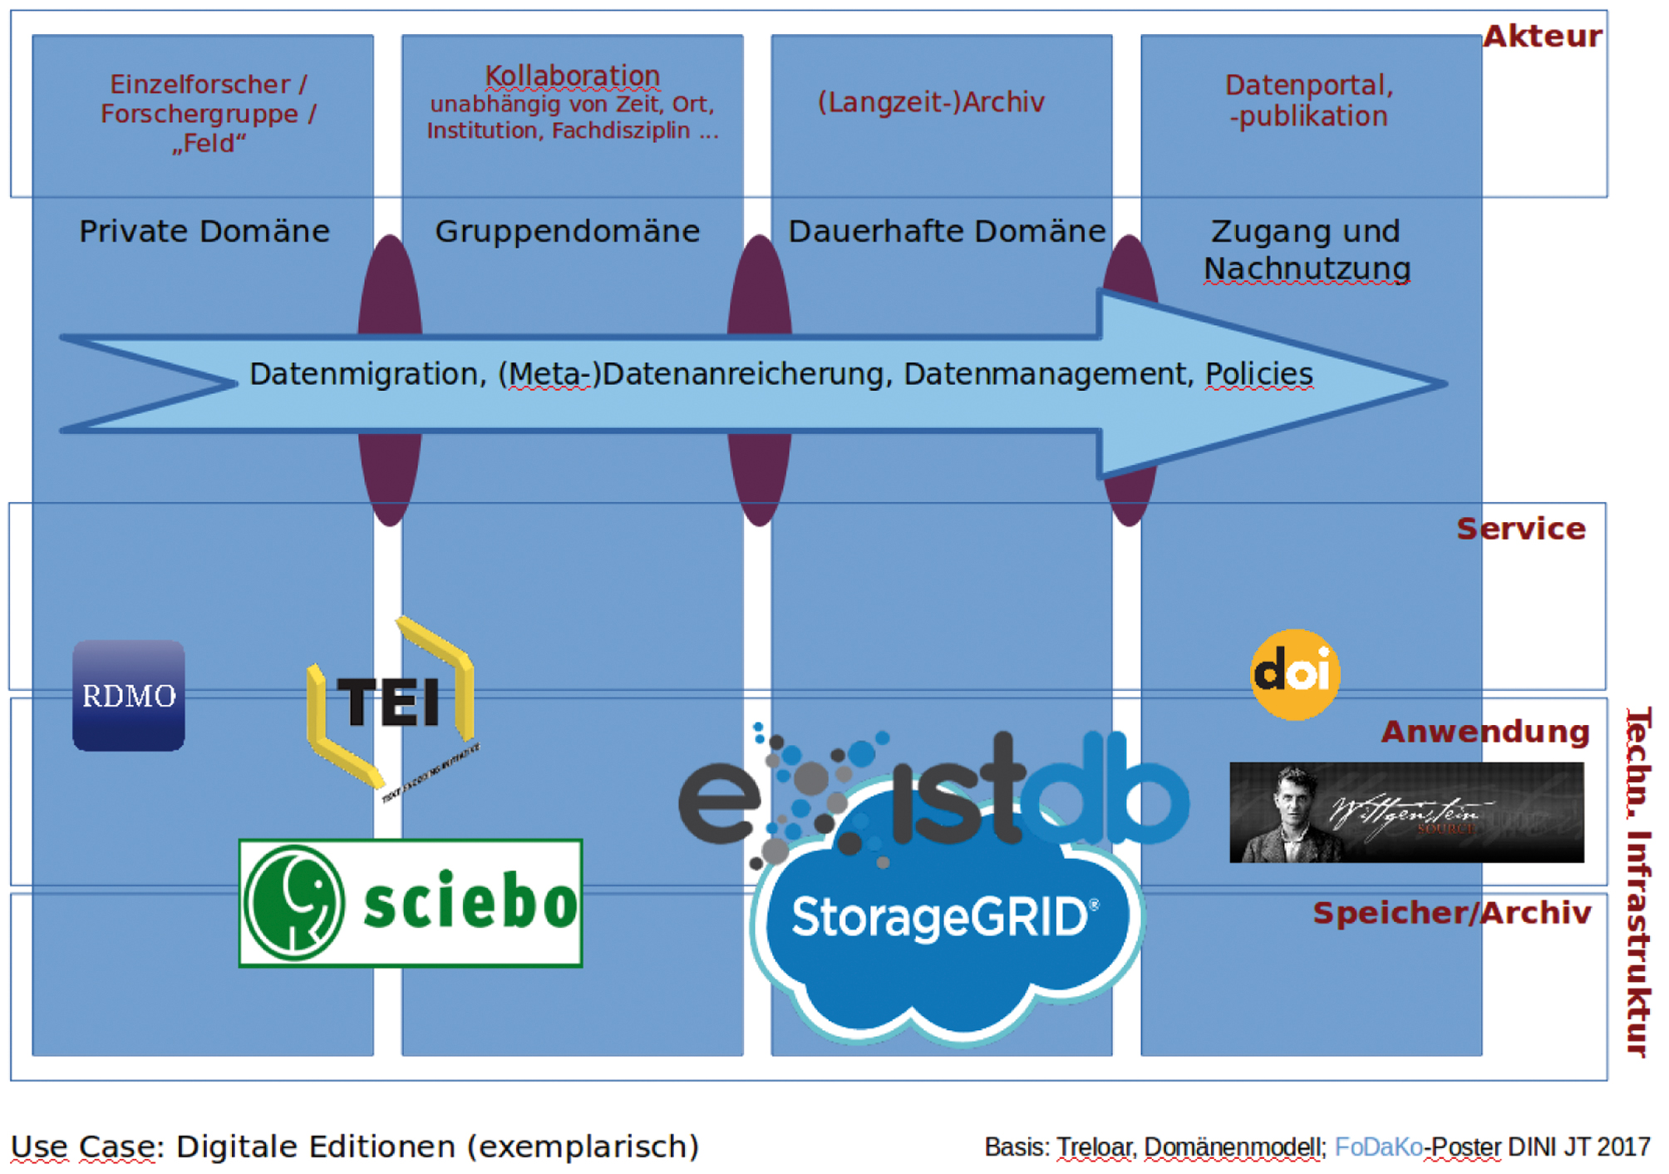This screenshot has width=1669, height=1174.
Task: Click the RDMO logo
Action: point(129,696)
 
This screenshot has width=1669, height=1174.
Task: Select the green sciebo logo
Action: point(411,903)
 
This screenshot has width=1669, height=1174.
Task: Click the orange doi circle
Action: point(1295,674)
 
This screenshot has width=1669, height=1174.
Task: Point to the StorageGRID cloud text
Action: point(944,918)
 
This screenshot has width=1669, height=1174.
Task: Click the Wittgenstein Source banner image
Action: point(1406,812)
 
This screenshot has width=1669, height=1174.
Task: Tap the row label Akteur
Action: point(1542,37)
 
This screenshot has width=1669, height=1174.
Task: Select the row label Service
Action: point(1521,529)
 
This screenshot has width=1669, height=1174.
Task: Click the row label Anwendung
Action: point(1485,732)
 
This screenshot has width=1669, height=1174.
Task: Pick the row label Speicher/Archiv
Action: point(1452,913)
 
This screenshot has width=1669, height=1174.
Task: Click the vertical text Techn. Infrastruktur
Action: point(1638,881)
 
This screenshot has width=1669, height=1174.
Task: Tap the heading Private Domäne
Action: point(204,231)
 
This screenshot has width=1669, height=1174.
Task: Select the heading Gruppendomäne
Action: point(568,231)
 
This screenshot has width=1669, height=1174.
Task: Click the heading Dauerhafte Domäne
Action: point(947,231)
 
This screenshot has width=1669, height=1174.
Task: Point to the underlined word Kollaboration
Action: point(573,76)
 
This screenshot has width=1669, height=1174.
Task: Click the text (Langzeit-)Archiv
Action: point(931,102)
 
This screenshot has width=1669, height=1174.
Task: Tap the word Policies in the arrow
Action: point(1259,374)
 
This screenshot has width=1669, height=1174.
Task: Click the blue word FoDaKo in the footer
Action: point(1378,1147)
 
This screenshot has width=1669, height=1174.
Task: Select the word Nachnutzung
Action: point(1307,269)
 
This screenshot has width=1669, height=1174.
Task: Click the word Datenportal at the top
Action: point(1307,85)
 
